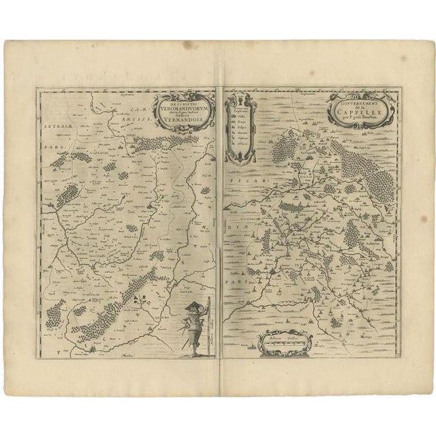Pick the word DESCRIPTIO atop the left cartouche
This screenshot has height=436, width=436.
[178, 103]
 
